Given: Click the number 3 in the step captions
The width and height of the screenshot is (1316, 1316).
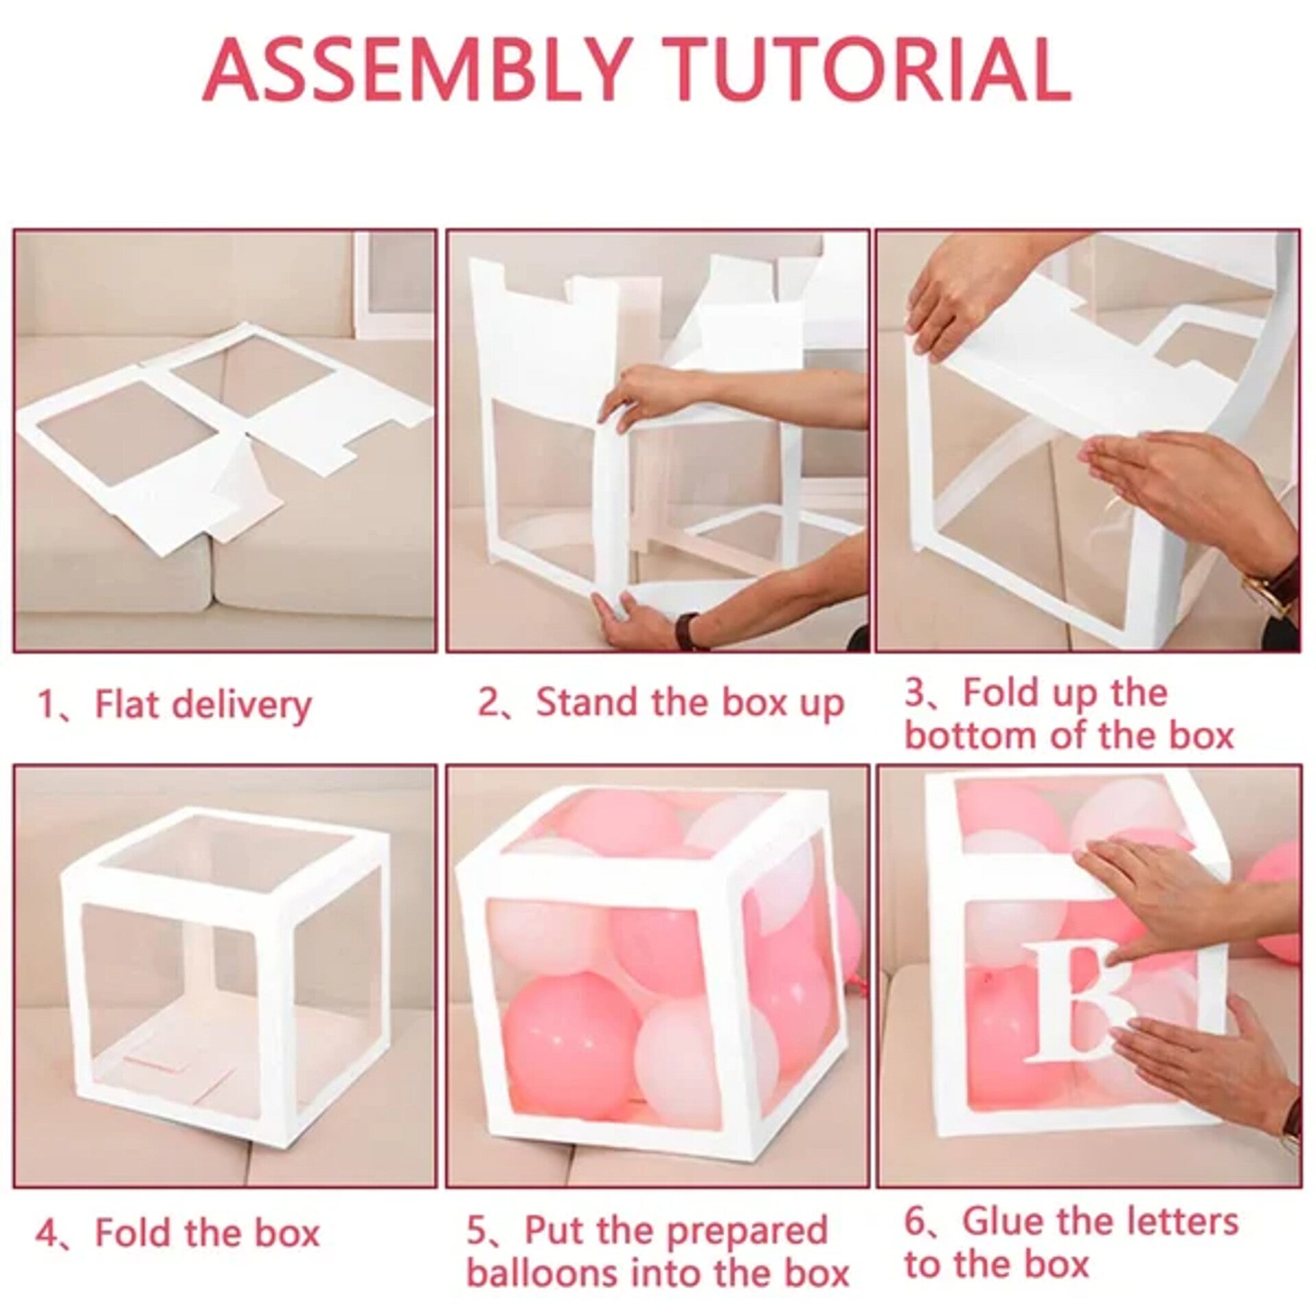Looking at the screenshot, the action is click(x=916, y=694).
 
